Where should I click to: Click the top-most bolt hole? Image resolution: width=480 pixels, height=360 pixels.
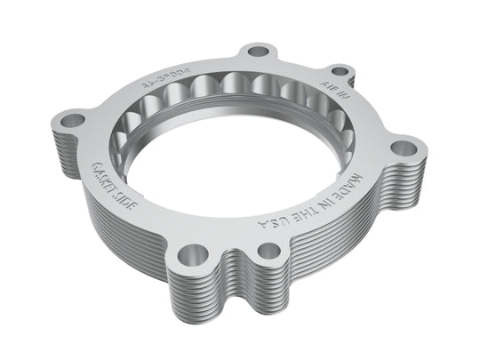point(258,52)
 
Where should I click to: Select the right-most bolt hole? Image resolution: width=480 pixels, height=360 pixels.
point(405,148)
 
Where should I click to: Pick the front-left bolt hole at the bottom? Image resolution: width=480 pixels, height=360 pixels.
point(186,256)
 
